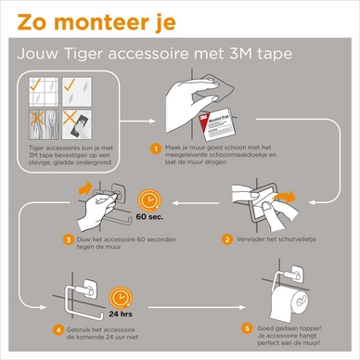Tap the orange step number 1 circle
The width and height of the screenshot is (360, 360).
click(x=156, y=147)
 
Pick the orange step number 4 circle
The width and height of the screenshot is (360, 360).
click(x=58, y=330)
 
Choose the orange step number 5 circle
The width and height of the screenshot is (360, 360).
click(x=246, y=328)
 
